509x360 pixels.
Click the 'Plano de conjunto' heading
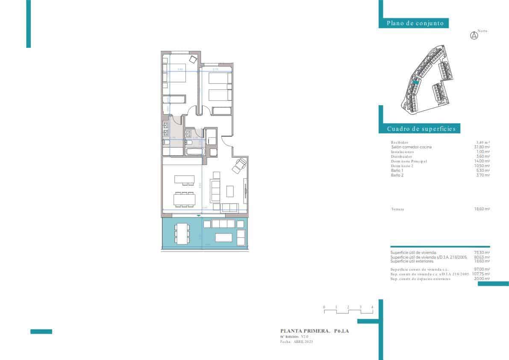pyautogui.click(x=415, y=24)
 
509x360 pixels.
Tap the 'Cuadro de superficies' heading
pyautogui.click(x=421, y=129)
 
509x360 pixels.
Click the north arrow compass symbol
pyautogui.click(x=474, y=36)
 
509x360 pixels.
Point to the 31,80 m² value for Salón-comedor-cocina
pyautogui.click(x=483, y=147)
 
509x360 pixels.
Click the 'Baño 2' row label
pyautogui.click(x=397, y=175)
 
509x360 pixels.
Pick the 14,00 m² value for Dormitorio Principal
pyautogui.click(x=483, y=161)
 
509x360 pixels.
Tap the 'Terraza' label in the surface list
pyautogui.click(x=397, y=209)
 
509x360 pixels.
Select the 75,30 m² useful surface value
pyautogui.click(x=482, y=253)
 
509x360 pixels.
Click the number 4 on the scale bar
pyautogui.click(x=372, y=307)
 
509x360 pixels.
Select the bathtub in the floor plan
pyautogui.click(x=195, y=151)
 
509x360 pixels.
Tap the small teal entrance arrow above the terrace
pyautogui.click(x=198, y=216)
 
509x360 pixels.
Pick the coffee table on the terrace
pyautogui.click(x=224, y=237)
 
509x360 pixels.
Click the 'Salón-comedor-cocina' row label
pyautogui.click(x=411, y=147)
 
